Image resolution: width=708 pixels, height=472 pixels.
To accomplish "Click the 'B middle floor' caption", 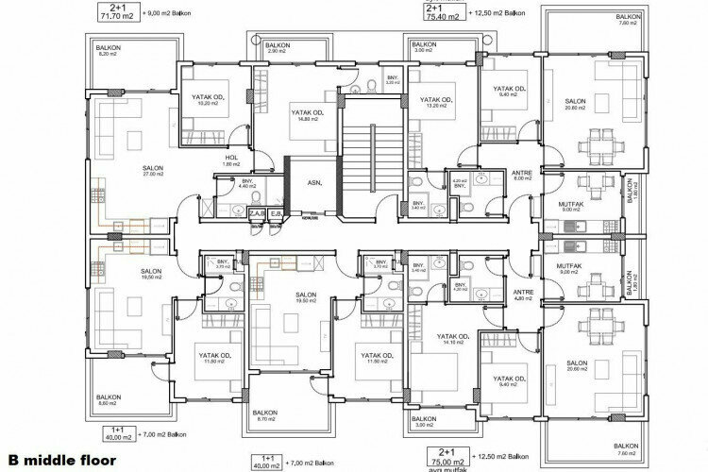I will [x=59, y=463].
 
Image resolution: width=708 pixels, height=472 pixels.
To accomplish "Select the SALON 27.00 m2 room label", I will [x=127, y=171].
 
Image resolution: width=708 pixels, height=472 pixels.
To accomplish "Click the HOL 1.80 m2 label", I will [x=232, y=161].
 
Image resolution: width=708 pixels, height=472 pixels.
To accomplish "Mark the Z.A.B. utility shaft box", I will [x=255, y=214].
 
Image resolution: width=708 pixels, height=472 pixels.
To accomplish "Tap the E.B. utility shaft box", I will [x=273, y=214].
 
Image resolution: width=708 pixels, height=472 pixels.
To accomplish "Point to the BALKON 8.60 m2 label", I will [x=108, y=400].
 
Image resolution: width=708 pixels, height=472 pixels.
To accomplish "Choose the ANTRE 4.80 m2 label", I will [x=521, y=295].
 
